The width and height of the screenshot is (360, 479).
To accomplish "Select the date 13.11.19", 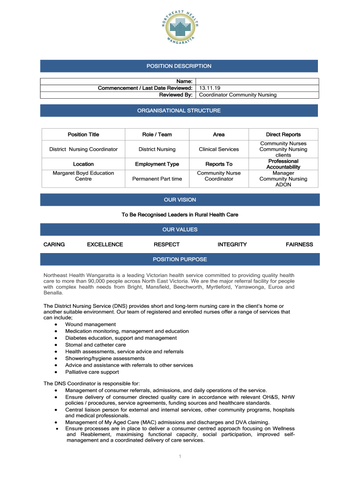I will [x=207, y=88].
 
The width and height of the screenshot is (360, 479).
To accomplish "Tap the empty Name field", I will [x=257, y=81].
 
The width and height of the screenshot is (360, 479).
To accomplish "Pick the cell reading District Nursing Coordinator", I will [x=83, y=149].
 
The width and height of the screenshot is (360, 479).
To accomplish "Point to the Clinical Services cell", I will [x=218, y=149].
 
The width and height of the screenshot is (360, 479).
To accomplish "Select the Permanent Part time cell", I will [x=157, y=179].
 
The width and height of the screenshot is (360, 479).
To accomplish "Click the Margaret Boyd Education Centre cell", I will [x=83, y=176].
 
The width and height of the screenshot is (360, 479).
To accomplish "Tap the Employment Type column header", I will [x=157, y=164].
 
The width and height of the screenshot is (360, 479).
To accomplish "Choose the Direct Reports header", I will [x=283, y=134].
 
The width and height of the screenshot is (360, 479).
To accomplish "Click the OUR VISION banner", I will [x=180, y=200].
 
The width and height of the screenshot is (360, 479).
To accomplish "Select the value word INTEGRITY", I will [x=232, y=245].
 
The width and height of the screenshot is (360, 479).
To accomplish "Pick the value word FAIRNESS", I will [x=299, y=245].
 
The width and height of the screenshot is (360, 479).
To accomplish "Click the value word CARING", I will [x=54, y=245].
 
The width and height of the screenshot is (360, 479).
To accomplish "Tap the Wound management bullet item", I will [x=90, y=324].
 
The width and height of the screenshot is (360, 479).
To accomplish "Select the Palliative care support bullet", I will [x=92, y=372].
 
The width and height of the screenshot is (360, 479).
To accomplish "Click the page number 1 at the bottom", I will [x=180, y=457].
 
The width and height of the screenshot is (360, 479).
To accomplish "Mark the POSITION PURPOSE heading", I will [x=180, y=259].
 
